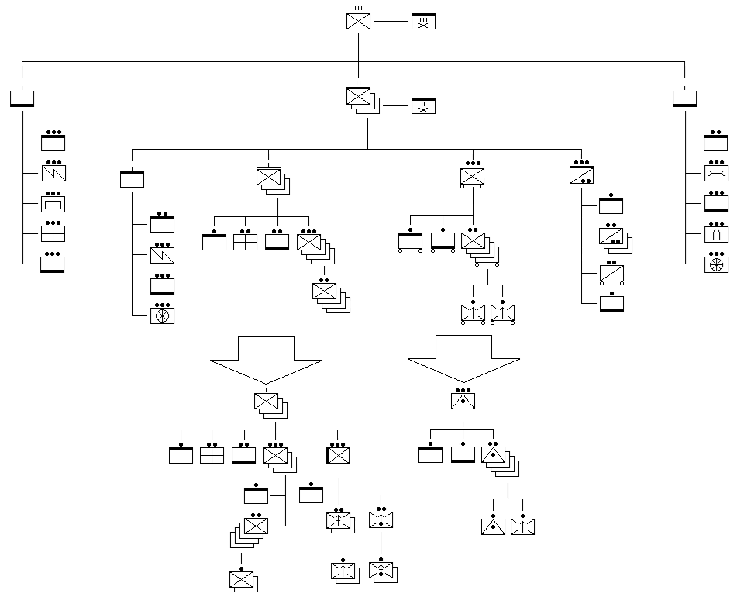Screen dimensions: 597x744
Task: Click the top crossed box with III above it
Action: click(x=358, y=21)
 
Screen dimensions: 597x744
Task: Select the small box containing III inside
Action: click(x=423, y=22)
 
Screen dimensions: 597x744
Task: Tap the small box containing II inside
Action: click(x=423, y=106)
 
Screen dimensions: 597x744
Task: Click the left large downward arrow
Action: click(x=267, y=360)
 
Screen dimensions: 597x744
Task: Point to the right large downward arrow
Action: click(x=463, y=358)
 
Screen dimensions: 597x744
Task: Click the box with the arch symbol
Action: click(x=715, y=233)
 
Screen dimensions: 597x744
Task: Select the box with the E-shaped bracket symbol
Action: click(x=53, y=203)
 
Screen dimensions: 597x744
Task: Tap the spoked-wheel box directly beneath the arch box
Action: click(x=715, y=264)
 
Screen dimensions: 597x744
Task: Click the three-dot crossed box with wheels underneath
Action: click(x=472, y=177)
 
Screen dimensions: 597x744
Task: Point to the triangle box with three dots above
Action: click(x=463, y=401)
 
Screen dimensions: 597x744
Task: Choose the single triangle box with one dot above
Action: click(x=493, y=526)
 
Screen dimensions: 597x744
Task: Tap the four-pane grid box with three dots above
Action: click(x=53, y=233)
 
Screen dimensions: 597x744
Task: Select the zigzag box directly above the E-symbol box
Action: click(x=53, y=173)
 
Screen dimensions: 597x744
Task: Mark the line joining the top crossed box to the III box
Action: click(x=391, y=22)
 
